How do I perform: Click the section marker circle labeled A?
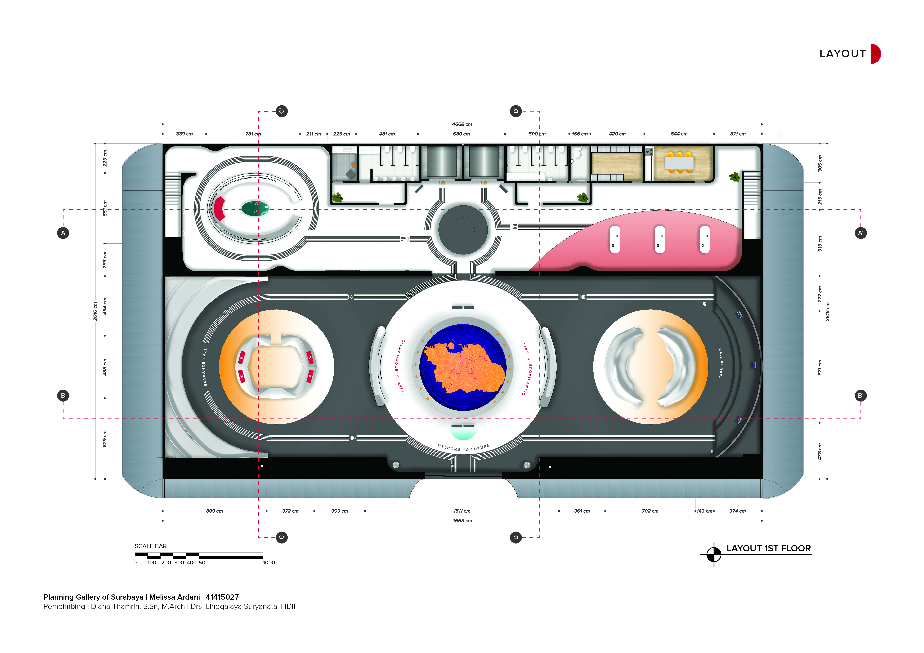point(63,233)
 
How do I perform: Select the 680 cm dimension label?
point(461,134)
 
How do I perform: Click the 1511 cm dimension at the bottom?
point(462,511)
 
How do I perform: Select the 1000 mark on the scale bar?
point(269,563)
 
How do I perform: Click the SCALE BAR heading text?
point(150,546)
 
